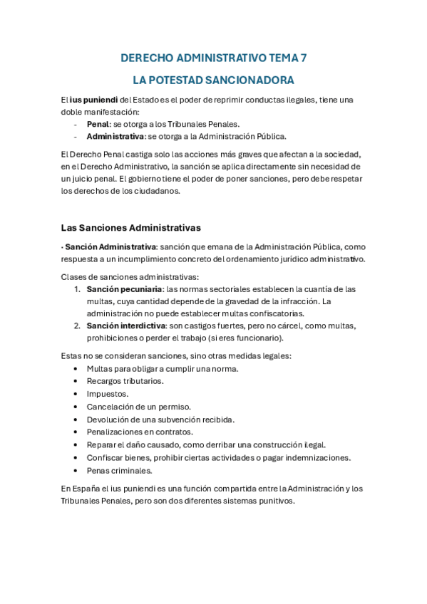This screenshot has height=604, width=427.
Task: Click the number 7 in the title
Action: (302, 58)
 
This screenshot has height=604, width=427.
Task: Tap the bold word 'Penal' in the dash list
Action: (98, 123)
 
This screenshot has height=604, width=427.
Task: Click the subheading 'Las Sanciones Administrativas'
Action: (131, 228)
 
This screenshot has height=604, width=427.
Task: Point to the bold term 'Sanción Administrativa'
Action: (110, 246)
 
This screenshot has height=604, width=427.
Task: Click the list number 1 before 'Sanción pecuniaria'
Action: (77, 289)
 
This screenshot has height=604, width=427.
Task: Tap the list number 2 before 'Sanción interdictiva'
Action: (77, 326)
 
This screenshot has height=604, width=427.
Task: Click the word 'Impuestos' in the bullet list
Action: (108, 393)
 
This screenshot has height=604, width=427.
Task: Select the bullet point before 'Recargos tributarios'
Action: (76, 381)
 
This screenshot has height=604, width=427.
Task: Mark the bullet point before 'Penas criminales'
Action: (76, 470)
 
